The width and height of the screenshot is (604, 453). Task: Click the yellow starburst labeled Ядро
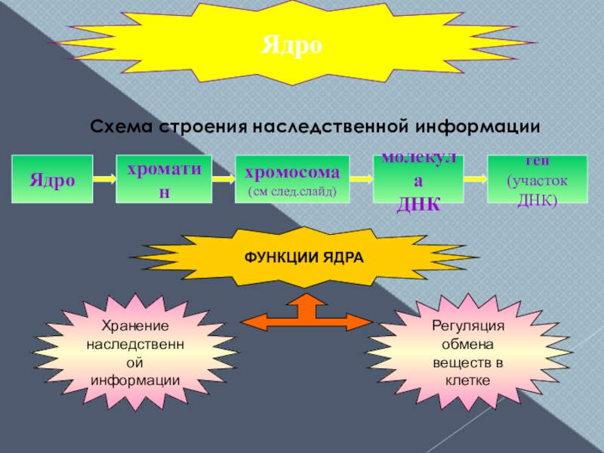click(x=292, y=46)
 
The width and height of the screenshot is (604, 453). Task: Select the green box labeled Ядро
click(x=52, y=180)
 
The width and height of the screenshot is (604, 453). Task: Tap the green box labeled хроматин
click(x=164, y=180)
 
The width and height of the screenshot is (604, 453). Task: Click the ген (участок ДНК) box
click(x=537, y=180)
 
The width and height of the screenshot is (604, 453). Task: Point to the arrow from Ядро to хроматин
click(x=104, y=180)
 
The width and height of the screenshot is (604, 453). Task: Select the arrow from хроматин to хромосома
click(x=223, y=180)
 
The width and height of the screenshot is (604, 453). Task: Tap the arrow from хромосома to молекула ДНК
click(x=362, y=180)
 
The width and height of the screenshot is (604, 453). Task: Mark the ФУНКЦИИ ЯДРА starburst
click(x=304, y=257)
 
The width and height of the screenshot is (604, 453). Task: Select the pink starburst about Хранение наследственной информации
click(x=135, y=353)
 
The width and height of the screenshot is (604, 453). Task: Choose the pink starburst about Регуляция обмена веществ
click(x=467, y=353)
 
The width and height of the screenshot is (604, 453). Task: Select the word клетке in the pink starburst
click(x=468, y=381)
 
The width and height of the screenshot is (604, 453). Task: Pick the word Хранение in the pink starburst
click(x=135, y=325)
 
